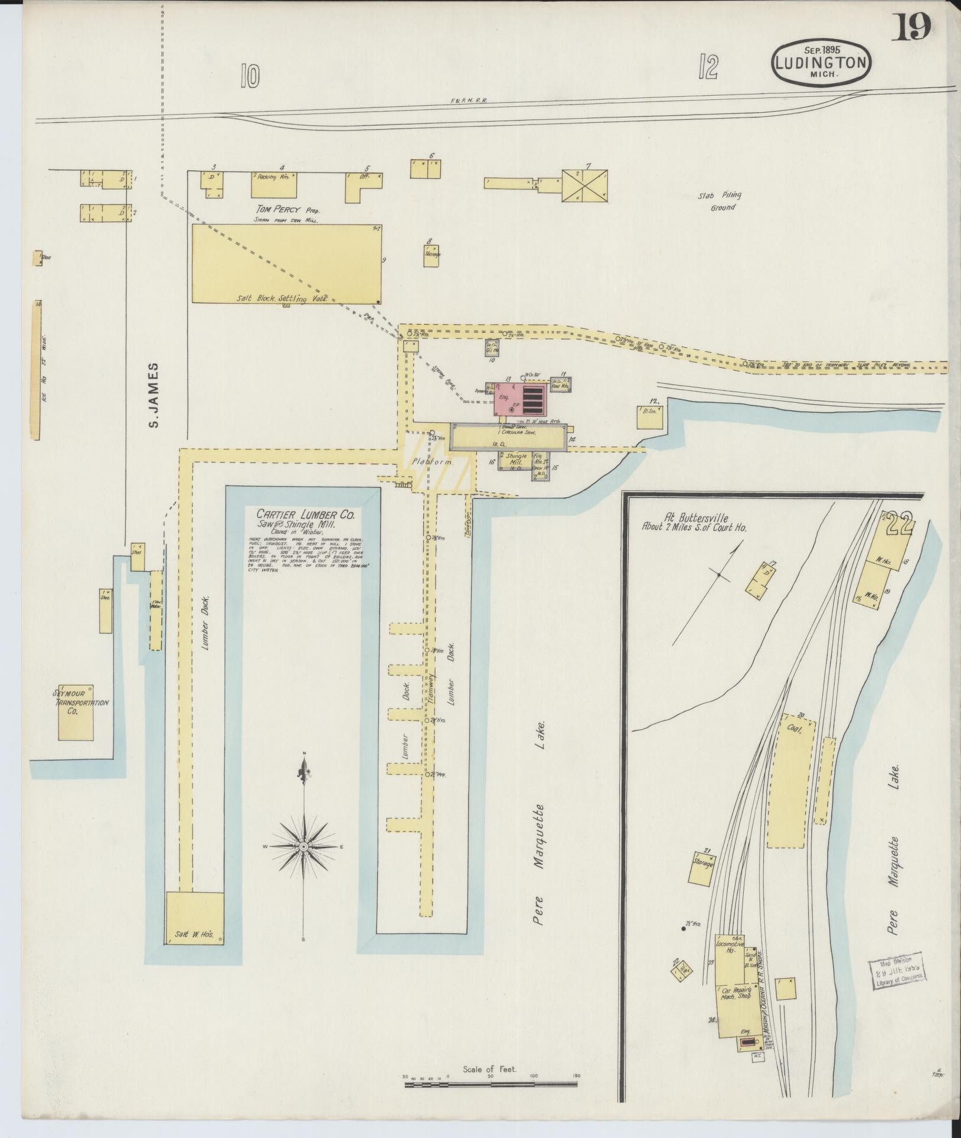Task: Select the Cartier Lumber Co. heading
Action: [305, 515]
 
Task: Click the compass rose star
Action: [303, 846]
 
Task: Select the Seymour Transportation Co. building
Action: [76, 712]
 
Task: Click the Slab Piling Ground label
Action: [719, 201]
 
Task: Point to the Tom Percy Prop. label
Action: [286, 210]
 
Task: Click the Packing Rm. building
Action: [274, 185]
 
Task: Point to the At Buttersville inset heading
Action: [694, 523]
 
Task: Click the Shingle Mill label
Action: [512, 459]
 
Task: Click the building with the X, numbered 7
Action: [584, 185]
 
